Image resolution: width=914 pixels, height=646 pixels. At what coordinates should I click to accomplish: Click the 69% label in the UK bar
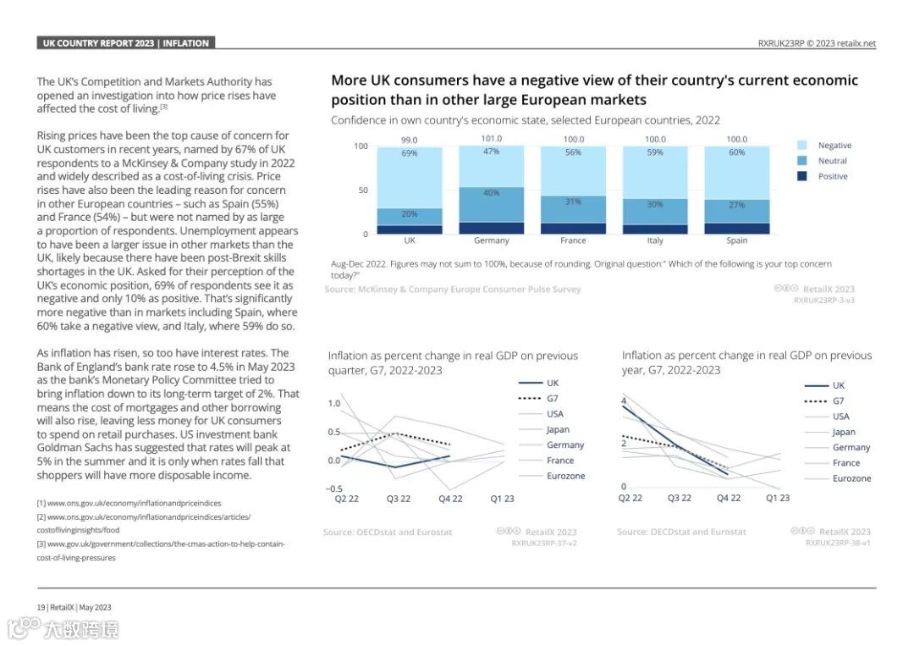(x=410, y=153)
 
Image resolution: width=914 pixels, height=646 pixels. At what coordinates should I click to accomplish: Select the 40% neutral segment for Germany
(x=492, y=193)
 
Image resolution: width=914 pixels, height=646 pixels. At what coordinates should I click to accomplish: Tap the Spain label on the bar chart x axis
(x=737, y=240)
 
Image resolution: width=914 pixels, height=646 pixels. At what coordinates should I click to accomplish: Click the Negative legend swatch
(x=802, y=146)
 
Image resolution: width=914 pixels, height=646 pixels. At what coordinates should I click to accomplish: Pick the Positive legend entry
(x=832, y=176)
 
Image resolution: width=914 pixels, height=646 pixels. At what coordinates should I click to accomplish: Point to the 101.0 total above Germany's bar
(x=492, y=139)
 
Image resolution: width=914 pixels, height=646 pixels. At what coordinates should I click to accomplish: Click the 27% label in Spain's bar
(x=737, y=205)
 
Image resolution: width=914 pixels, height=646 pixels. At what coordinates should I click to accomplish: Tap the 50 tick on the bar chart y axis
(x=363, y=190)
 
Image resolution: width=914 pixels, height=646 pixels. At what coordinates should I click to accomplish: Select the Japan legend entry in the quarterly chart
(x=558, y=429)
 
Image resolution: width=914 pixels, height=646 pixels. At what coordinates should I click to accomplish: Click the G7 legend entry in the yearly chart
(x=838, y=400)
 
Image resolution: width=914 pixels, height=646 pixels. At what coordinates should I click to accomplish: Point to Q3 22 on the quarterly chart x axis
(x=399, y=499)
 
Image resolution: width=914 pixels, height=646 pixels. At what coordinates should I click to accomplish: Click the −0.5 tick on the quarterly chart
(x=334, y=489)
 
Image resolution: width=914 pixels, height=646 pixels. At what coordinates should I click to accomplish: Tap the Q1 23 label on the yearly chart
(x=778, y=498)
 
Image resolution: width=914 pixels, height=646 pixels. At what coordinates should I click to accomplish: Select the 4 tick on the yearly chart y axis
(x=624, y=400)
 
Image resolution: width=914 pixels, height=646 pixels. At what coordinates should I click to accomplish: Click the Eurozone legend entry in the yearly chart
(x=851, y=478)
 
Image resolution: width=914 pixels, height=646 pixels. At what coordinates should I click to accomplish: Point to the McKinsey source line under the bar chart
(x=453, y=290)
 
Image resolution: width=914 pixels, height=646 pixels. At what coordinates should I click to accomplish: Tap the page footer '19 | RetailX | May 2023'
(x=74, y=607)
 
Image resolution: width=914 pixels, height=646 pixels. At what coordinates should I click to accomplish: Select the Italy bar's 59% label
(x=655, y=153)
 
